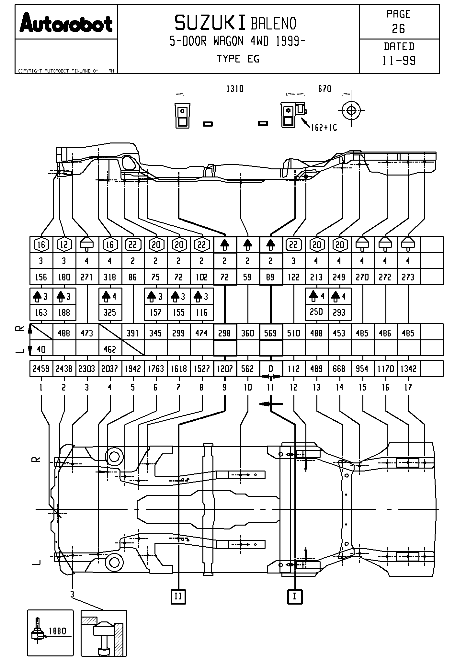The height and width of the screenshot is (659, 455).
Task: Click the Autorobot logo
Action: point(66,23)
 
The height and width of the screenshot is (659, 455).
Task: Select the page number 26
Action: point(398,29)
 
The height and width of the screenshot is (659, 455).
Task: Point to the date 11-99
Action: point(399,61)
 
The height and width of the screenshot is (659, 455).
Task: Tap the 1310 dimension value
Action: point(235,89)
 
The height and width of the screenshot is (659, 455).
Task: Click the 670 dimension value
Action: point(324,89)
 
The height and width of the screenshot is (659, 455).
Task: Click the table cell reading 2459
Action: point(41,369)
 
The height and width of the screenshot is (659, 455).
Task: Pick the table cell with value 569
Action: point(270,333)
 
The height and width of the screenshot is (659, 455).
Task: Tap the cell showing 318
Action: point(110,277)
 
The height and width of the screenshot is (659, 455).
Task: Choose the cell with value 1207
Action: point(224,369)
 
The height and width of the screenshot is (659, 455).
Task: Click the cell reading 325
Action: point(110,312)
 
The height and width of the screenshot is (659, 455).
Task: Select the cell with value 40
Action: point(41,349)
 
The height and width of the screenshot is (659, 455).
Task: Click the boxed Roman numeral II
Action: point(178,596)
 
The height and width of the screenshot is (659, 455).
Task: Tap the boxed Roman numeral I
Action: point(295,596)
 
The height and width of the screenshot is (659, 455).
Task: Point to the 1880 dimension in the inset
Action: point(57,631)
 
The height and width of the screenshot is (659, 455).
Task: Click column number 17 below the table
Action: point(408,387)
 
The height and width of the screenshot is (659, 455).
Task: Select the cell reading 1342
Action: point(408,369)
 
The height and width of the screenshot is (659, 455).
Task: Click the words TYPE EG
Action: point(238,59)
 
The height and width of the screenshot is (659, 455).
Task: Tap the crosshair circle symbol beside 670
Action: point(351,111)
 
